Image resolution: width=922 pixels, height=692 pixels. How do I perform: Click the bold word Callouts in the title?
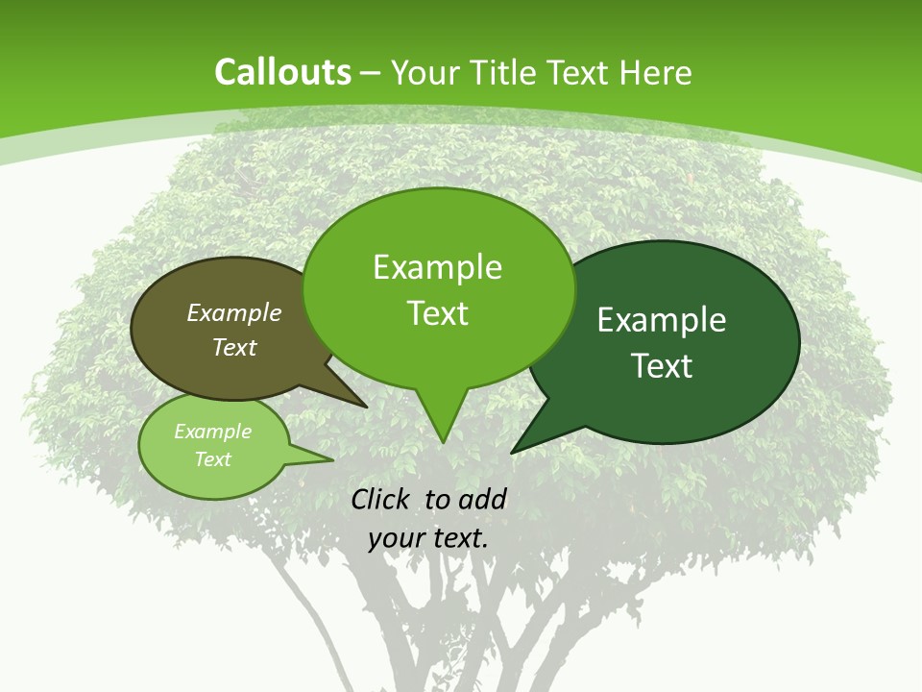coord(282,72)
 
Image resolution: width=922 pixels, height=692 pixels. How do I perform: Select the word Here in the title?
coord(656,72)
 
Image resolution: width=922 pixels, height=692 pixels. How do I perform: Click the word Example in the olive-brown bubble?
coord(234,312)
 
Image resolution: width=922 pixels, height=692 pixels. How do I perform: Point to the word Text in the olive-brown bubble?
coord(234,347)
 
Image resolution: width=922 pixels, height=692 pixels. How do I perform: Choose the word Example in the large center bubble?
coord(437,267)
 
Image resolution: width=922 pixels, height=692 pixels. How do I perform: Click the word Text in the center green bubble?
coord(438,313)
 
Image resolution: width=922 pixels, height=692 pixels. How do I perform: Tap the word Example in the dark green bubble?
coord(662,320)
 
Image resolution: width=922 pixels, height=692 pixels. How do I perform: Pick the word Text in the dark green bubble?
coord(662,366)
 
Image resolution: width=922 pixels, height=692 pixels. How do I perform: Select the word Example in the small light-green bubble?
coord(212,432)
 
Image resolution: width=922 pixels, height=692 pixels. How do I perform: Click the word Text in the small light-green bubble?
coord(212,459)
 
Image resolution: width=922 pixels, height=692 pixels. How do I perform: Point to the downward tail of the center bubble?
coord(442,423)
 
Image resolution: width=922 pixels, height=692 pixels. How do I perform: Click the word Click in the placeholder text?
coord(381,499)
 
